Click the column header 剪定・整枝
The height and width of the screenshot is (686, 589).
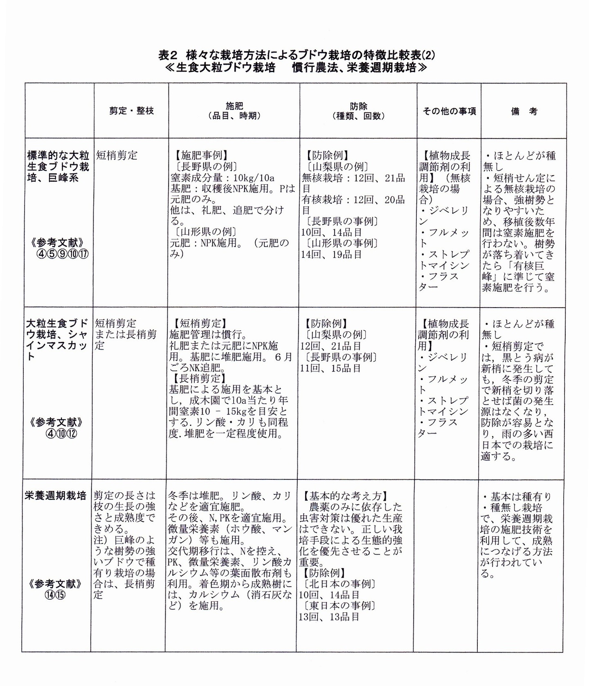coord(131,111)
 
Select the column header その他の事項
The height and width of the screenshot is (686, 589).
coord(449,111)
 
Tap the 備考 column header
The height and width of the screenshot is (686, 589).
coord(524,111)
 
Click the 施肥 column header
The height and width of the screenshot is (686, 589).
coord(234,111)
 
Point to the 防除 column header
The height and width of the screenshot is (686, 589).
coord(358,111)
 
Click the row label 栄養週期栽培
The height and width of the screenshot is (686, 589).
coord(56,496)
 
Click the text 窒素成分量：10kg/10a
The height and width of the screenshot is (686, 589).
coord(222,178)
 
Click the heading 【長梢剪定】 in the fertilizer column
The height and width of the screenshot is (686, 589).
coord(197,378)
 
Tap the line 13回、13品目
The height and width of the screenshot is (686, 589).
coord(329,617)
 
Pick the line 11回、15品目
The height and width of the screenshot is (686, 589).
coord(330,368)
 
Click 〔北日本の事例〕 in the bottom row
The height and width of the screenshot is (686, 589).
coord(338,584)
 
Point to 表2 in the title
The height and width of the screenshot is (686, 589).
coord(169,55)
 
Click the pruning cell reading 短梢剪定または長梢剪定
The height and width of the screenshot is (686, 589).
coord(126,335)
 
